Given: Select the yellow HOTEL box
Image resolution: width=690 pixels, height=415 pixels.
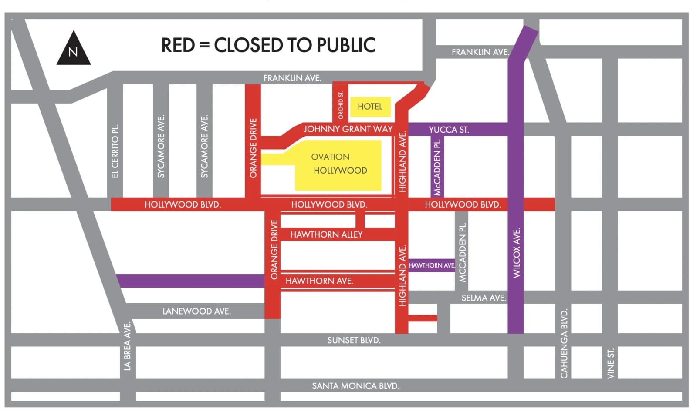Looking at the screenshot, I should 370,107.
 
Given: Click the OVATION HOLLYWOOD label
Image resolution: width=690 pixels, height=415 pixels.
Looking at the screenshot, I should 338,164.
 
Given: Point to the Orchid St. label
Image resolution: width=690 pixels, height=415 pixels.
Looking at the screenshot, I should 341,105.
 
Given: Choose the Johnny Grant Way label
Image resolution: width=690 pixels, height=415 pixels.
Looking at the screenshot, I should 348,129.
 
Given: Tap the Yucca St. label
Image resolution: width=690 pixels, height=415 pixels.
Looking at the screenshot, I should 449,130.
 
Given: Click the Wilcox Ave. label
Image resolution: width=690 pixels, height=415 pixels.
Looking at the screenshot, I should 517,253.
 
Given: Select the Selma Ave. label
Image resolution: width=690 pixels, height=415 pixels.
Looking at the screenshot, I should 484,298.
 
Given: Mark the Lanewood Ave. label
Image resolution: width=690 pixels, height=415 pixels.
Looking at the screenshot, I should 196,311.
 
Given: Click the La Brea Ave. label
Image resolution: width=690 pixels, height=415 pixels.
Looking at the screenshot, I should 127,346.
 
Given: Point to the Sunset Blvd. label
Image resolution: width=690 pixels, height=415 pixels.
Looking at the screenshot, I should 354,340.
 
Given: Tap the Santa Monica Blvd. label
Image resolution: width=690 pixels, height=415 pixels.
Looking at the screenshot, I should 355,386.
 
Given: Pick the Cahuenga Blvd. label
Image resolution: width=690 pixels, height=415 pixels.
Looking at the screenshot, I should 564,344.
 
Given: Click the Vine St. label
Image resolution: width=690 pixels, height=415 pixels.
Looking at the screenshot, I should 611,363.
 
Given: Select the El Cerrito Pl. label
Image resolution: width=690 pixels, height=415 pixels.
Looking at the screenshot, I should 115,151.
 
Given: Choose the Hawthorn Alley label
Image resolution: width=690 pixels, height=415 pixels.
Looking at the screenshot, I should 326,234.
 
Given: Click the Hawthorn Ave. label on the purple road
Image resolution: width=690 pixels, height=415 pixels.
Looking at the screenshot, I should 432,265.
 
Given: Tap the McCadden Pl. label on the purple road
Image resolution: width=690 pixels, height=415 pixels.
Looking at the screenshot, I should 437,167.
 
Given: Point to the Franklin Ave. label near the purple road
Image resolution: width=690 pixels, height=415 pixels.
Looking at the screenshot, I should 480,52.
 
